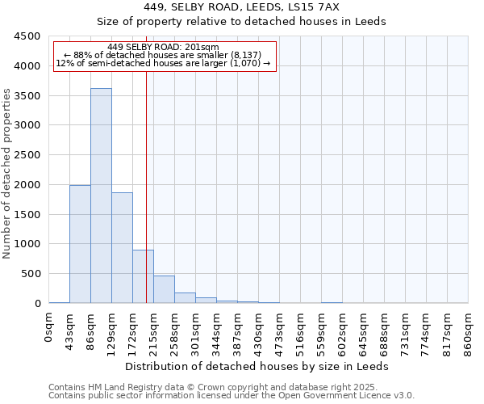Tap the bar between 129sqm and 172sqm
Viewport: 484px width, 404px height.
click(122, 247)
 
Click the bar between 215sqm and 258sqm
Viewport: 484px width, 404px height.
click(164, 289)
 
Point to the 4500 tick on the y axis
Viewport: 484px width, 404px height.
click(27, 36)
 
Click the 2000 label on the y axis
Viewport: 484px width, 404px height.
click(27, 185)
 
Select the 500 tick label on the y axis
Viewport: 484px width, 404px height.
click(30, 274)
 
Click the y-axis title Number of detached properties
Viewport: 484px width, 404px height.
click(8, 174)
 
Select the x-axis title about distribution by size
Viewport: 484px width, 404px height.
click(258, 366)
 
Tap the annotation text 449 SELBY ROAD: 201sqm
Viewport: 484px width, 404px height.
click(163, 48)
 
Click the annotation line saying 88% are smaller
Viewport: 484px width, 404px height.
click(164, 55)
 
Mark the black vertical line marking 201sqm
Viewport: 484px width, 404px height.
click(146, 186)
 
